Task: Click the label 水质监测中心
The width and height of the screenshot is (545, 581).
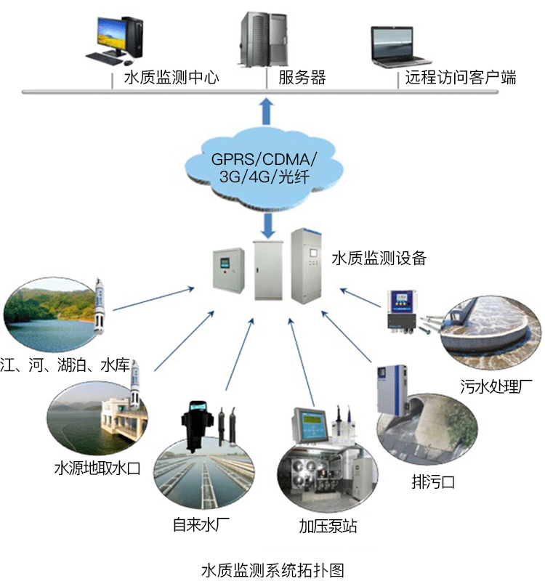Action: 171,78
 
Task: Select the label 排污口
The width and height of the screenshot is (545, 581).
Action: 432,482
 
